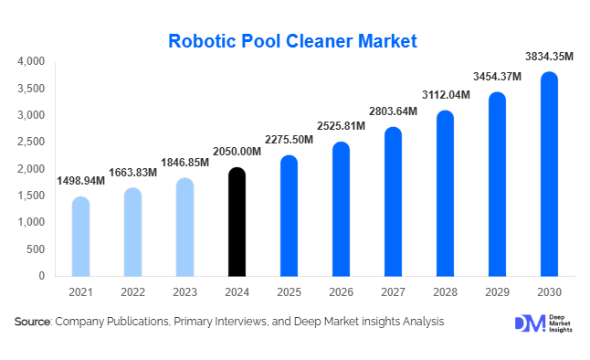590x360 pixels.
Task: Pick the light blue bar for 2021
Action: click(x=80, y=237)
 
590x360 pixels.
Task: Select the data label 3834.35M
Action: click(x=548, y=57)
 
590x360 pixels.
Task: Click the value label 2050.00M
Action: click(x=236, y=152)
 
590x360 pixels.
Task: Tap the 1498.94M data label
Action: click(x=80, y=181)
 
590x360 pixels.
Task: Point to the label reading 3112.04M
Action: click(x=445, y=95)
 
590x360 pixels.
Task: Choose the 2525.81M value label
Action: click(x=341, y=125)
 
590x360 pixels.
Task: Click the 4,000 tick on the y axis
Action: click(x=31, y=62)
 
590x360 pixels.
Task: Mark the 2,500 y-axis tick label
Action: click(x=31, y=142)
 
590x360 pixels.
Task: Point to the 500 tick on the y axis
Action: click(x=36, y=249)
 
